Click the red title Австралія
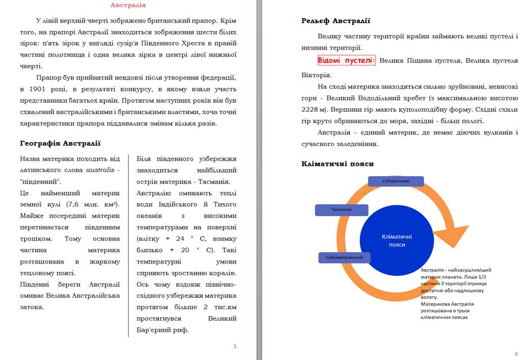127,5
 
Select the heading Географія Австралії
60,143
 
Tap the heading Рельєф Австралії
335,21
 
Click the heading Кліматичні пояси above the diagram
337,164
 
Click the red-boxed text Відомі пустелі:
346,60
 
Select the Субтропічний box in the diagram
396,181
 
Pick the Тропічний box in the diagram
341,210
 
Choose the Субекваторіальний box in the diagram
344,258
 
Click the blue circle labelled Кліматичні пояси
396,240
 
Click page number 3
235,346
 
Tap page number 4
516,354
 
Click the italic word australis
101,170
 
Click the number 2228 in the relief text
311,109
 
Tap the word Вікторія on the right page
316,74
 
